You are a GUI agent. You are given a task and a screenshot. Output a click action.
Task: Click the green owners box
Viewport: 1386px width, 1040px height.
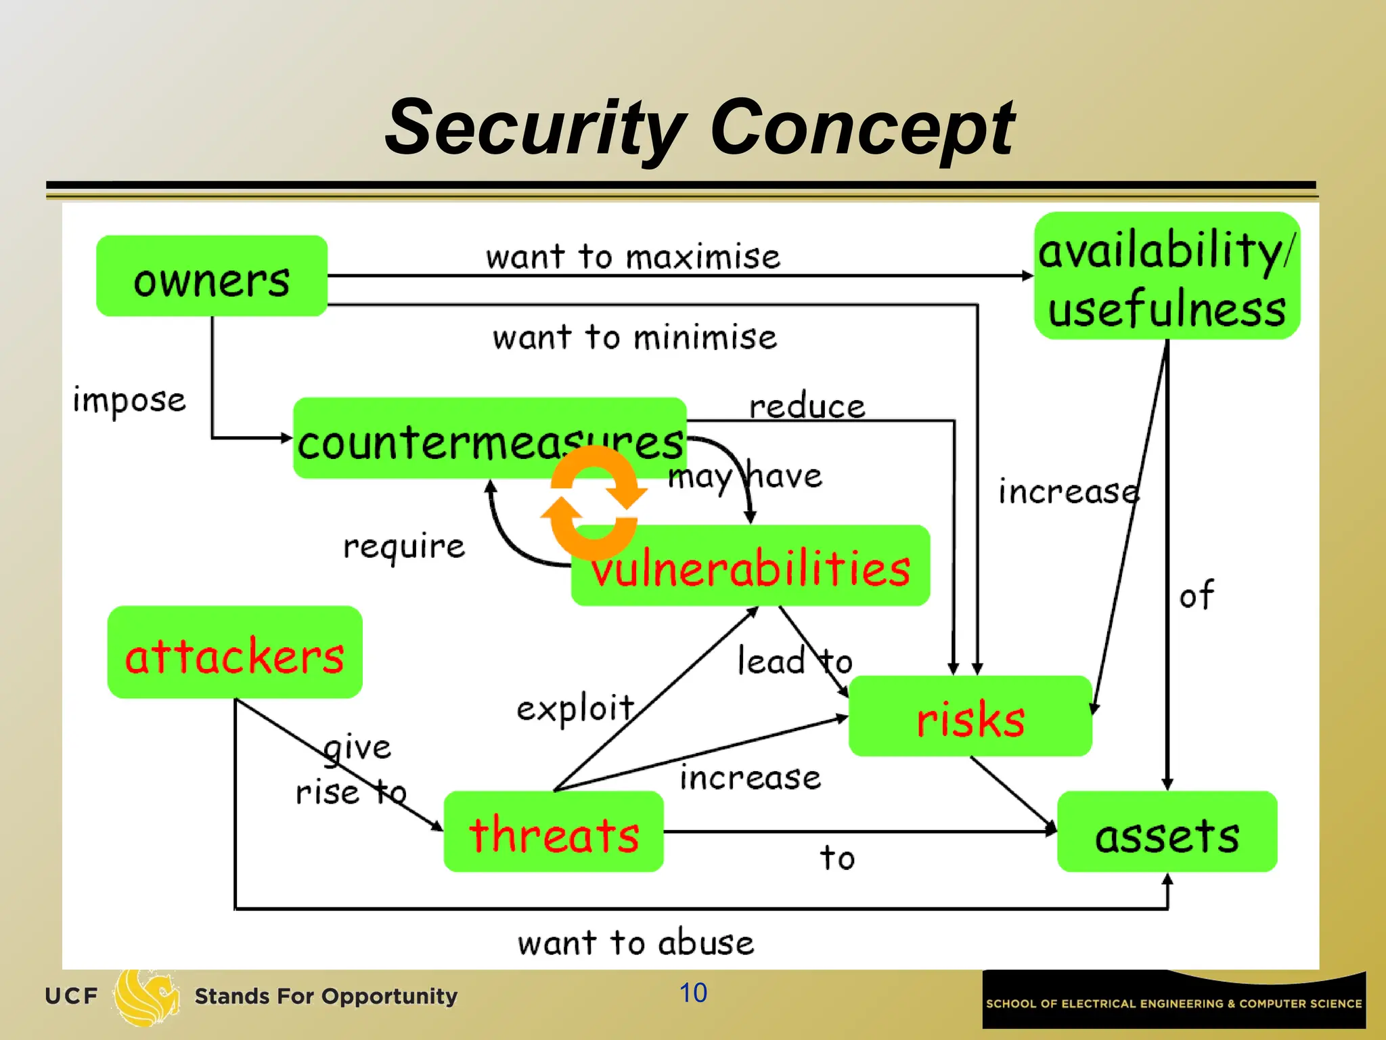[x=212, y=276]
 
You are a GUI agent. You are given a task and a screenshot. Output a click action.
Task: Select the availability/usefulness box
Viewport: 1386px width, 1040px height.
[x=1167, y=276]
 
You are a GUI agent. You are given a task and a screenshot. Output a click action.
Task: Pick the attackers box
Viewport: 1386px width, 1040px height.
[x=235, y=653]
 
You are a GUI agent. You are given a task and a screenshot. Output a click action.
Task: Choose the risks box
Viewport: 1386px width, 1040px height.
[x=970, y=716]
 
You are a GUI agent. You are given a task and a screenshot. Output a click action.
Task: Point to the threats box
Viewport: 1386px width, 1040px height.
[x=554, y=832]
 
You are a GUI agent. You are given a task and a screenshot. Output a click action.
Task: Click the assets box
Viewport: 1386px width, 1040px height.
[x=1167, y=832]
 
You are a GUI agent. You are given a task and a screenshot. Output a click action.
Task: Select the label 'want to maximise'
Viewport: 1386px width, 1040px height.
[x=633, y=257]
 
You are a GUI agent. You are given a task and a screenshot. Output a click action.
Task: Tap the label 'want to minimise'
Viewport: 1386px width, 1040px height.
[x=635, y=337]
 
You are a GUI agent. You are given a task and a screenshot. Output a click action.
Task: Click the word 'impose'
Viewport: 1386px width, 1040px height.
[x=129, y=399]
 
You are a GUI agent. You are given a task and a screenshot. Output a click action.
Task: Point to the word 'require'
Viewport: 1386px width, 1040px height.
[x=404, y=546]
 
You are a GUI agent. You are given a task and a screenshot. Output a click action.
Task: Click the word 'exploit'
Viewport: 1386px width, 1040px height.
[x=575, y=709]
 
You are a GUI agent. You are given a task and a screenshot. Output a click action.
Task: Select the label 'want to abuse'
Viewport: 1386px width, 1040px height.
[x=635, y=942]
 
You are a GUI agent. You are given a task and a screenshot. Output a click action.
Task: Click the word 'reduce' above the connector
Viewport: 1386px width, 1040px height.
[x=807, y=406]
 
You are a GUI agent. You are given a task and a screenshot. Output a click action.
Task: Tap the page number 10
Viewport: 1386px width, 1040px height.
[x=693, y=993]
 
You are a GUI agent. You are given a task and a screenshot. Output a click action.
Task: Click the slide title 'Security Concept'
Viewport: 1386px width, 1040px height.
[x=700, y=127]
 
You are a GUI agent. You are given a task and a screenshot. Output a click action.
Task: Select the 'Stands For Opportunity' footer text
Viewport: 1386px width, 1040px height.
[x=326, y=996]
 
